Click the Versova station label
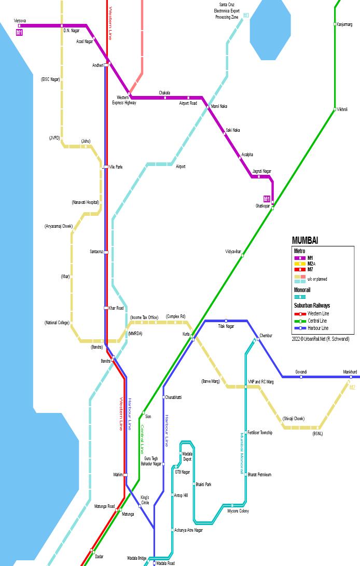[20, 21]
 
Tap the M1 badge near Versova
[20, 32]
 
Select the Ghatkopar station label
[262, 206]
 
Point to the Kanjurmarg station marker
[335, 24]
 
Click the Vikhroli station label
[342, 109]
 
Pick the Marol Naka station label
[219, 106]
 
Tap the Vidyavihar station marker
[242, 255]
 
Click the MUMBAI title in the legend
[305, 240]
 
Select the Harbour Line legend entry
[317, 328]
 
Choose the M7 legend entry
[310, 270]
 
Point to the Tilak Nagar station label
[226, 326]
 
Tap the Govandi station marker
[301, 377]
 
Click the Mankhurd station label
[350, 372]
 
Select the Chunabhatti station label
[173, 397]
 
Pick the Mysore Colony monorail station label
[238, 511]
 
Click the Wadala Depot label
[187, 457]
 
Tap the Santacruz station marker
[106, 252]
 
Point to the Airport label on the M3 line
[181, 167]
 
